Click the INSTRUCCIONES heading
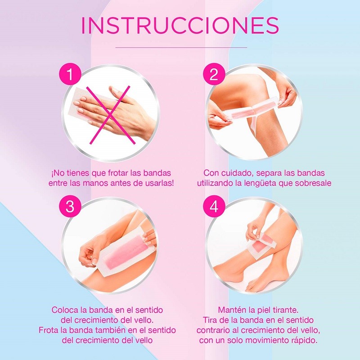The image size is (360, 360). pos(180,26)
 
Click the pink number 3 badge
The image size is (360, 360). pos(70,207)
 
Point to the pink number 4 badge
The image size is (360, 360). pos(214,207)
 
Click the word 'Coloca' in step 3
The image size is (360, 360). pos(66,310)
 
